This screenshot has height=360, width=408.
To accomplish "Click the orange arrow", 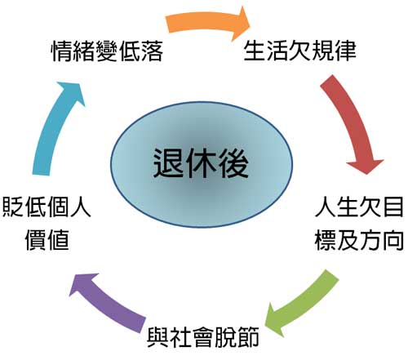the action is pyautogui.click(x=206, y=22).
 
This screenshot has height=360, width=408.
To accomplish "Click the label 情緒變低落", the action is pyautogui.click(x=108, y=51).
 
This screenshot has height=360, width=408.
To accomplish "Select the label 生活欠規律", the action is pyautogui.click(x=300, y=51).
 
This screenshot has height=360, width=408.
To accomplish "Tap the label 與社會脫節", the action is pyautogui.click(x=203, y=338).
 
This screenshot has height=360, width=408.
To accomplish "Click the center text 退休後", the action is pyautogui.click(x=201, y=163).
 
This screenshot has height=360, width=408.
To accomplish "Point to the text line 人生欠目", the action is pyautogui.click(x=359, y=207).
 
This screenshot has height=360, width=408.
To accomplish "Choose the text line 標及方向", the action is pyautogui.click(x=359, y=240).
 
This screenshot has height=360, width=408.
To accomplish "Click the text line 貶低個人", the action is pyautogui.click(x=47, y=207).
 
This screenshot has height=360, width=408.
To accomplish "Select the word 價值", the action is pyautogui.click(x=47, y=240).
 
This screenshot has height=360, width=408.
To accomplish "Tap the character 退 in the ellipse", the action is pyautogui.click(x=169, y=163).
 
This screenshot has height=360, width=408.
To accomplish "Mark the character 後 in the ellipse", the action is pyautogui.click(x=233, y=163).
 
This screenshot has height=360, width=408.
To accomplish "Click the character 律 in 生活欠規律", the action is pyautogui.click(x=345, y=51).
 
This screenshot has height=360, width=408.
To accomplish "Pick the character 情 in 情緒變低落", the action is pyautogui.click(x=62, y=51).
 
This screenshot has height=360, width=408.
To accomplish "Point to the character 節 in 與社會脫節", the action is pyautogui.click(x=248, y=338).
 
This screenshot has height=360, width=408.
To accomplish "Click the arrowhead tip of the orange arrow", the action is pyautogui.click(x=250, y=24).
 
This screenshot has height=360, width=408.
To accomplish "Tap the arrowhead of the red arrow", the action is pyautogui.click(x=366, y=167).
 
